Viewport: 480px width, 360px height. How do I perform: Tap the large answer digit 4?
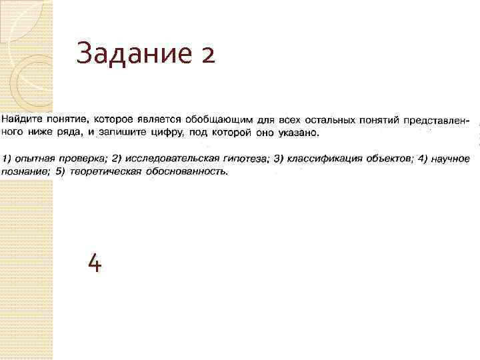tap(95, 265)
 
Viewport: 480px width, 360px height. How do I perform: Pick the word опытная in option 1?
tap(33, 159)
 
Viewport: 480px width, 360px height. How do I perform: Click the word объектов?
tap(389, 159)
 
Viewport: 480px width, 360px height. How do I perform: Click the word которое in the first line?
tap(111, 119)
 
